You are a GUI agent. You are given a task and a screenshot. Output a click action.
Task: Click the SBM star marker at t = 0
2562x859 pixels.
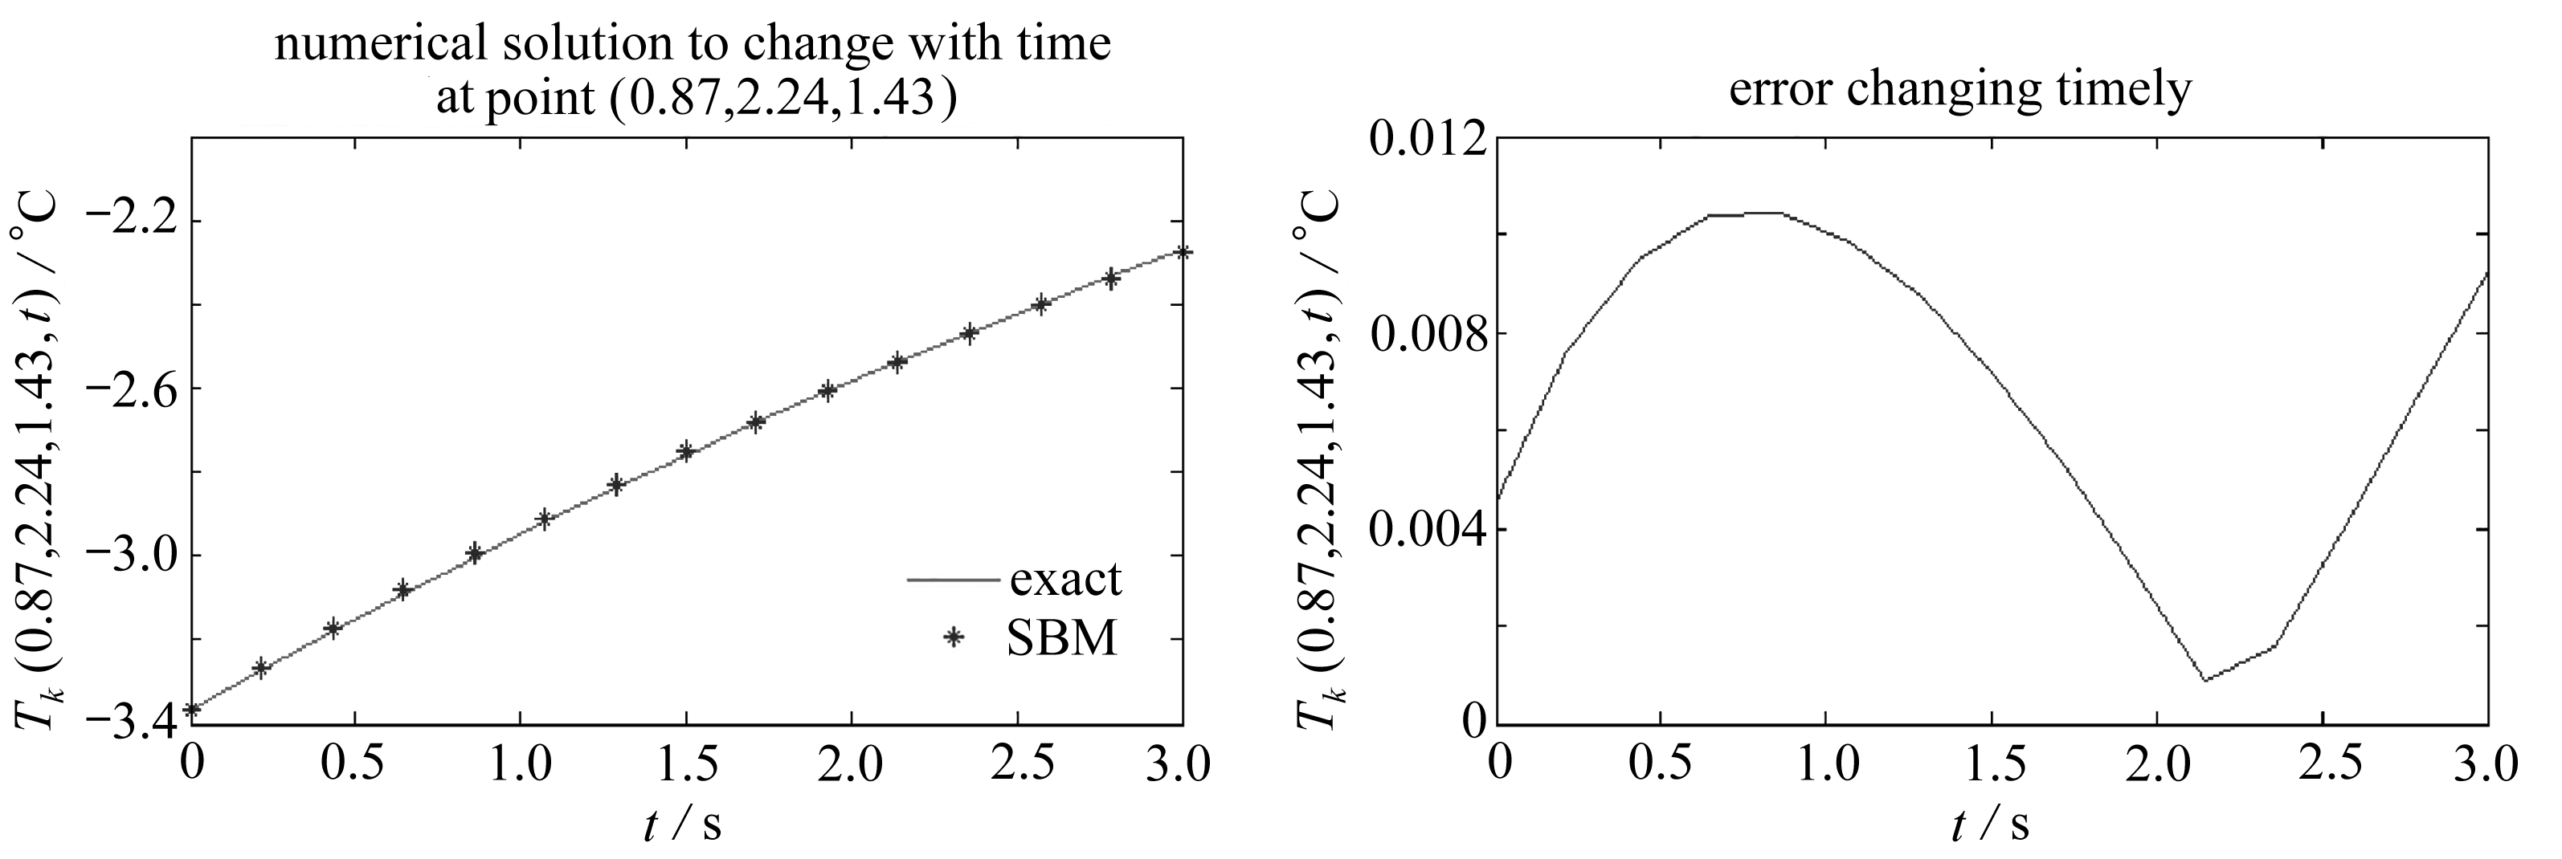193,709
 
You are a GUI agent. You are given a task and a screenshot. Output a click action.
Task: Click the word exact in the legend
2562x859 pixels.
1065,579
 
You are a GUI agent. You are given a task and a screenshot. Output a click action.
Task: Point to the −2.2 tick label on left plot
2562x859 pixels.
130,221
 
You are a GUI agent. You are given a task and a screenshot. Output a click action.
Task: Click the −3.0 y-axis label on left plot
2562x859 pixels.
130,555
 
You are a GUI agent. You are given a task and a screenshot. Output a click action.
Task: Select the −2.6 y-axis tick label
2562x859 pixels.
130,388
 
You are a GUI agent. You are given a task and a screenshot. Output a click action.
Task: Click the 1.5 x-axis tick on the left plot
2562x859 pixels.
685,766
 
